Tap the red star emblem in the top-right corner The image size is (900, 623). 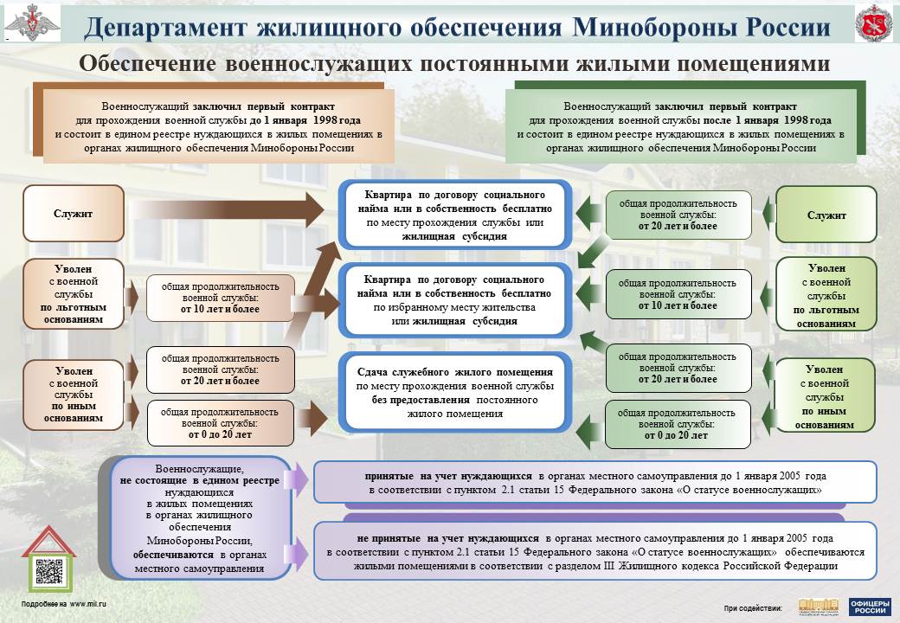pos(873,23)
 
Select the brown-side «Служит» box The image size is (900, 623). pos(73,213)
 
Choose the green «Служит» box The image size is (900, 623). pos(826,215)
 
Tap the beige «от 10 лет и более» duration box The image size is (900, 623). pos(220,298)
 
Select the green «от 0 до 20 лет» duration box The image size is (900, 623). pos(676,424)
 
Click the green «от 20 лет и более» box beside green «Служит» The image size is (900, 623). pos(678,215)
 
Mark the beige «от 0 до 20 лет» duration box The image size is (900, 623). pos(220,423)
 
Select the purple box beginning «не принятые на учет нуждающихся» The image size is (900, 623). pos(595,551)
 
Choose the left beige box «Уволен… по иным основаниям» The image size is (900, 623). pos(74,394)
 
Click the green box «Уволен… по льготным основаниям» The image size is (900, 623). pos(826,295)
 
